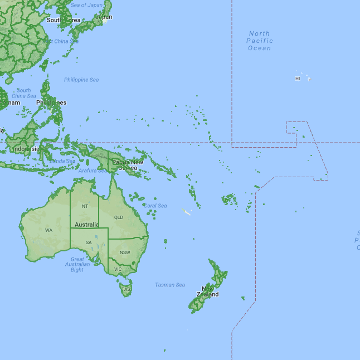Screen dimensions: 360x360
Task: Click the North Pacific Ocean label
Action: (260, 41)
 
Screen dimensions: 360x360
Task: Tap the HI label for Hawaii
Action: (298, 79)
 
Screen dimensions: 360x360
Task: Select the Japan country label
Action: (103, 17)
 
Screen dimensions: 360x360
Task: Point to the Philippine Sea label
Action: (81, 80)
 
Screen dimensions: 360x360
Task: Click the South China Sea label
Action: (23, 93)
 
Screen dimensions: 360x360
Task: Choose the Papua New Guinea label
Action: (128, 165)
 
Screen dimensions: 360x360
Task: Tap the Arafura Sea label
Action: (93, 171)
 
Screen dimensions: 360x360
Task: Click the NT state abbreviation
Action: (85, 206)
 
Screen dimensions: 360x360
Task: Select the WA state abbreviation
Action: (49, 230)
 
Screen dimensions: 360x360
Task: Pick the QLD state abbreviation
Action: (118, 217)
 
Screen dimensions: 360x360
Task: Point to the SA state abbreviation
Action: (89, 242)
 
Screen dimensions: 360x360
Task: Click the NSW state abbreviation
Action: (125, 252)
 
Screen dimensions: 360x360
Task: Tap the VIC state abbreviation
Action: (118, 269)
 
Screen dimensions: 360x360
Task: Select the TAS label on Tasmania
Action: (126, 289)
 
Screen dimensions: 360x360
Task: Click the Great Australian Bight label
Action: (77, 264)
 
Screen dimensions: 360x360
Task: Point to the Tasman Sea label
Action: (170, 285)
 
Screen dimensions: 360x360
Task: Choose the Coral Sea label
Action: (155, 206)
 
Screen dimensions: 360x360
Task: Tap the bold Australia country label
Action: (86, 225)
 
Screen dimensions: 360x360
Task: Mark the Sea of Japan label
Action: (87, 5)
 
